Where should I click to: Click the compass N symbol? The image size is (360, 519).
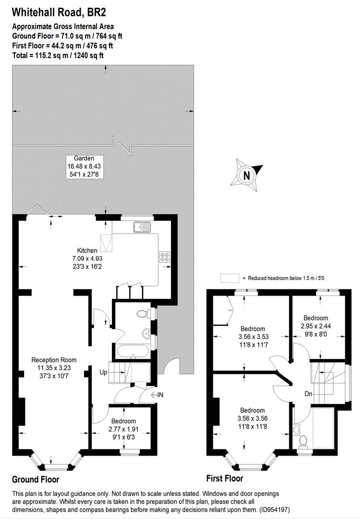point(247,175)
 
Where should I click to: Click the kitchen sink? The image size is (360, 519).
point(143,226)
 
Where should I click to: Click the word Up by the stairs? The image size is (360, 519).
point(103,372)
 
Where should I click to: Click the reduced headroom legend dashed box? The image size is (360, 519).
point(229,278)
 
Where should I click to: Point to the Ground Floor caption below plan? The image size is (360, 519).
point(36,479)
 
